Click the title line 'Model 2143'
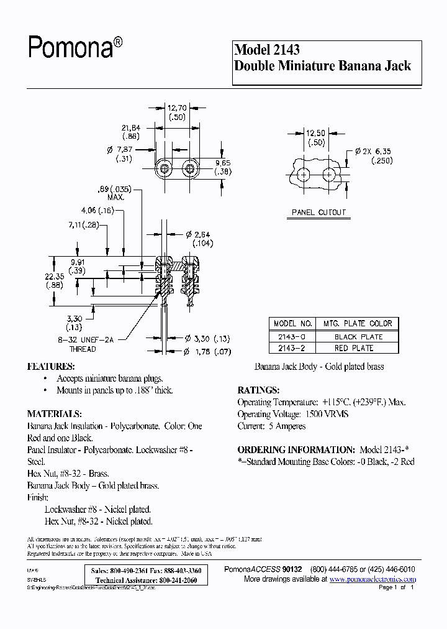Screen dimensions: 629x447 coord(267,50)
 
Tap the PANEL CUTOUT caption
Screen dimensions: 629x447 coord(318,213)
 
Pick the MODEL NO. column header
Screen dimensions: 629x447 coord(293,324)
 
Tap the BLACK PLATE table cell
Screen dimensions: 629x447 coord(358,337)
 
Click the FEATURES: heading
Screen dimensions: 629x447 coord(51,367)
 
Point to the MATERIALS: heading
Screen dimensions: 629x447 coord(55,414)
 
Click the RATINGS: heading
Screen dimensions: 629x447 coord(258,390)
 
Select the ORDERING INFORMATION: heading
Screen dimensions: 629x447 coord(296,449)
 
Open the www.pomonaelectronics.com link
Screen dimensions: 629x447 coord(372,579)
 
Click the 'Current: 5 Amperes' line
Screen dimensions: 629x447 coord(272,426)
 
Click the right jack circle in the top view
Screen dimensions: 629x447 coord(190,168)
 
